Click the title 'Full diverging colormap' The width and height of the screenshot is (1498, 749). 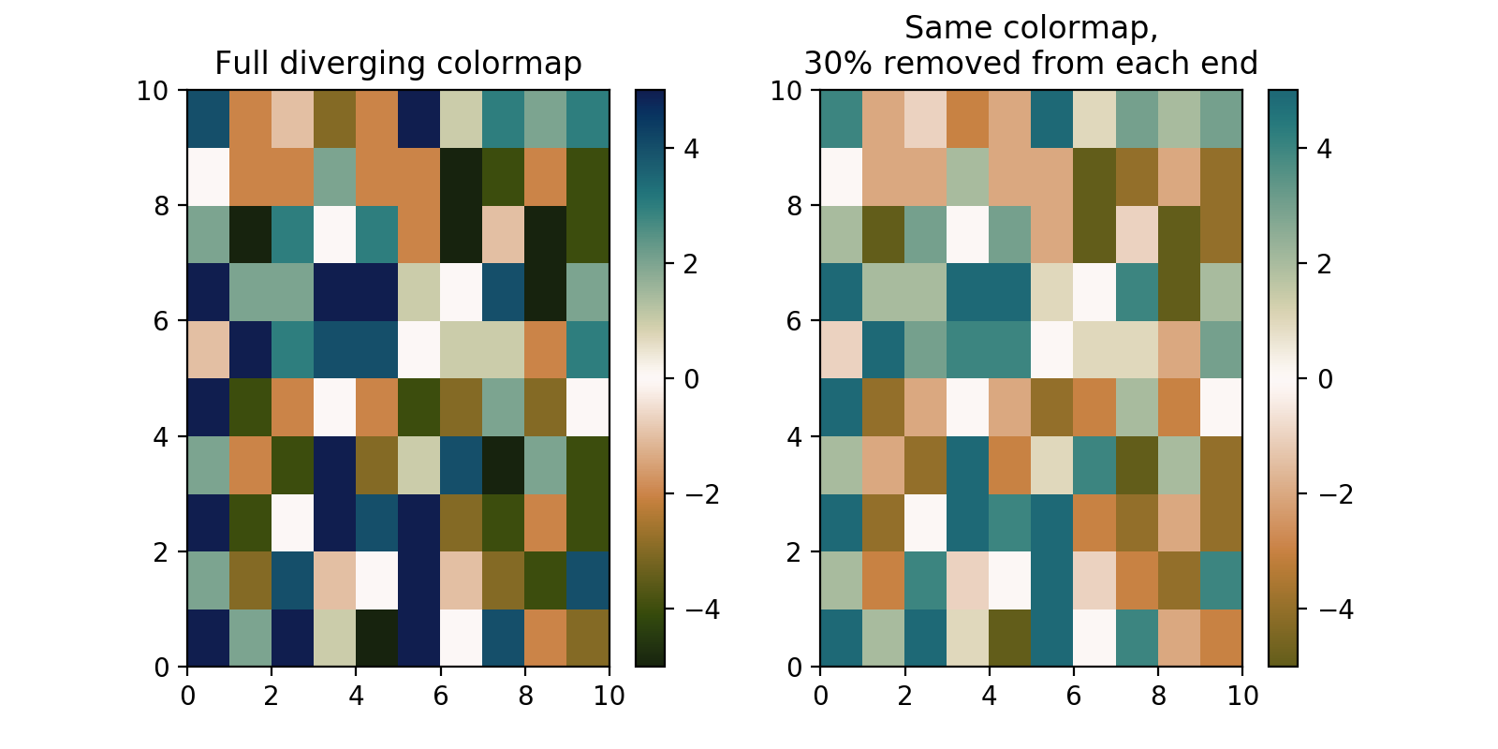[x=398, y=64]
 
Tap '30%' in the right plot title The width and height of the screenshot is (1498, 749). [x=836, y=64]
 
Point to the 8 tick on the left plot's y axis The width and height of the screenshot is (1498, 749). [x=162, y=206]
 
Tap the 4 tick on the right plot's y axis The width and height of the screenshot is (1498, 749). [x=795, y=436]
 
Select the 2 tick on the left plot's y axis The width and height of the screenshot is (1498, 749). [x=162, y=551]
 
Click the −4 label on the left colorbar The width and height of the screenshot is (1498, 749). [x=701, y=609]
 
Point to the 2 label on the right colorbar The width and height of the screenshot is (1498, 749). [x=1324, y=264]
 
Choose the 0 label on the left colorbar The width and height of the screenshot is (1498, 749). [x=691, y=379]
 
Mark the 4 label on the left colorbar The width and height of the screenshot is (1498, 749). [x=691, y=149]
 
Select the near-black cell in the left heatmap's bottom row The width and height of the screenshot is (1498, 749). [x=376, y=639]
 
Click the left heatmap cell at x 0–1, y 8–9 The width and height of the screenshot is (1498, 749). [x=208, y=177]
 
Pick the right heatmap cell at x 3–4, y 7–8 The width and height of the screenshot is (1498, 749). [x=967, y=235]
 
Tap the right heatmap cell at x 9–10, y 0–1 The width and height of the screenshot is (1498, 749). [x=1221, y=639]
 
